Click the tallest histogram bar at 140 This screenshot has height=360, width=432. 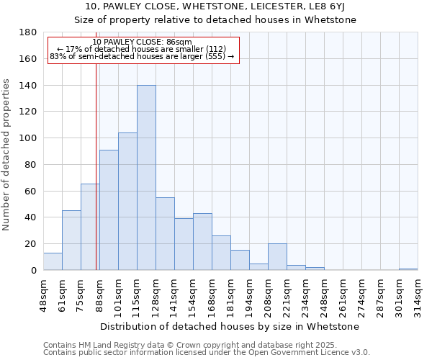(x=146, y=178)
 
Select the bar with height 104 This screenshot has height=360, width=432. (x=127, y=202)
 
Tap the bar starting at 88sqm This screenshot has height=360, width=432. (x=109, y=210)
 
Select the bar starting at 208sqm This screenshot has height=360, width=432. (x=277, y=257)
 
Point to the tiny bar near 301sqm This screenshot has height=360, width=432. (x=408, y=269)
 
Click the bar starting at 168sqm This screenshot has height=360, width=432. (x=221, y=253)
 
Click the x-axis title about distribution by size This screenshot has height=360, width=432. (x=229, y=326)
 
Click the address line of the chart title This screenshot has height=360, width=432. (x=215, y=7)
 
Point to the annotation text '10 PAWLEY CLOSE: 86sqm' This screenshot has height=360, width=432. (x=142, y=42)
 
